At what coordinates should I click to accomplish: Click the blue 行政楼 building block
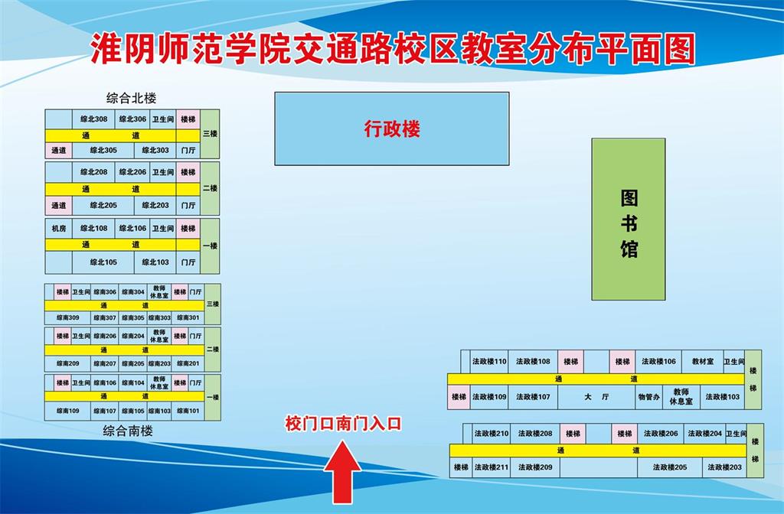pyautogui.click(x=392, y=128)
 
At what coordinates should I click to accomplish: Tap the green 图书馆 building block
pyautogui.click(x=629, y=220)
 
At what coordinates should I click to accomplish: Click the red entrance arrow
pyautogui.click(x=342, y=471)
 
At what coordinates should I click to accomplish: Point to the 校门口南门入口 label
pyautogui.click(x=343, y=424)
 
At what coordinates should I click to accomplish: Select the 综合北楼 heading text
pyautogui.click(x=132, y=98)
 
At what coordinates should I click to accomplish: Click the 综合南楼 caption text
pyautogui.click(x=128, y=431)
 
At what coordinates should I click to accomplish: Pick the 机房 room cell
pyautogui.click(x=58, y=229)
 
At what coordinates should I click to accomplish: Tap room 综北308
pyautogui.click(x=94, y=119)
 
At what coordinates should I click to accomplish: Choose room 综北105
pyautogui.click(x=103, y=262)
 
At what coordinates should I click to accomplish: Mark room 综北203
pyautogui.click(x=155, y=205)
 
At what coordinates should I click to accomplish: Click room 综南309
pyautogui.click(x=68, y=317)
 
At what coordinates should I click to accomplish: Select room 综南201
pyautogui.click(x=188, y=363)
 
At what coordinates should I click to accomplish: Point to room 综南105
pyautogui.click(x=133, y=411)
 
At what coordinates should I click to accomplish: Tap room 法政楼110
pyautogui.click(x=489, y=361)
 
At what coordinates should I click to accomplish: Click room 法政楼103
pyautogui.click(x=723, y=397)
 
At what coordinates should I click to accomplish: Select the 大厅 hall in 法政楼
pyautogui.click(x=596, y=397)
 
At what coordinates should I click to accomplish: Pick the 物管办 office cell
pyautogui.click(x=649, y=397)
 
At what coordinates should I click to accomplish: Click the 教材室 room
pyautogui.click(x=703, y=361)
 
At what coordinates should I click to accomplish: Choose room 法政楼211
pyautogui.click(x=492, y=467)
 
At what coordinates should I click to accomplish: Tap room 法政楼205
pyautogui.click(x=670, y=467)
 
